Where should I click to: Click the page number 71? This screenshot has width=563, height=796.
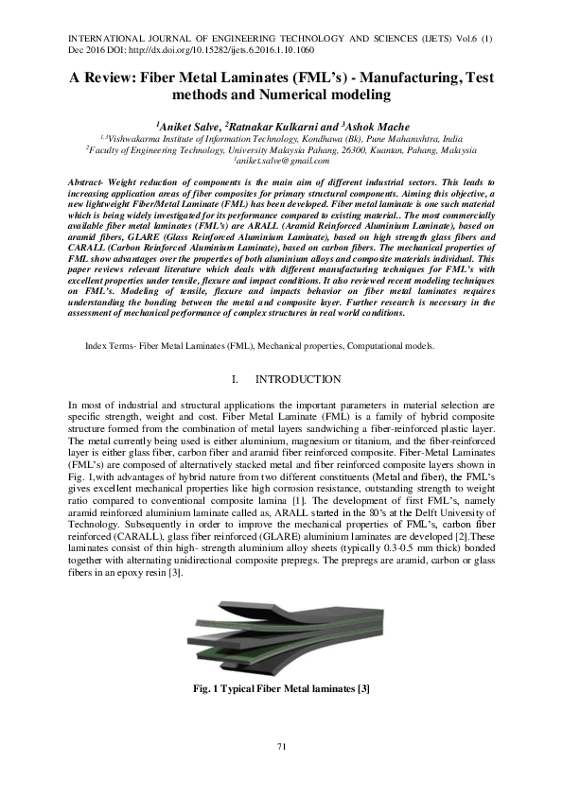[281, 749]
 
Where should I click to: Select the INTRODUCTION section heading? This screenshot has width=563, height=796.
[298, 380]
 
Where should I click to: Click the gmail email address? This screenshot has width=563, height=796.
[282, 161]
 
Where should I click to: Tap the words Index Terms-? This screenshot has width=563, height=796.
[111, 347]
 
